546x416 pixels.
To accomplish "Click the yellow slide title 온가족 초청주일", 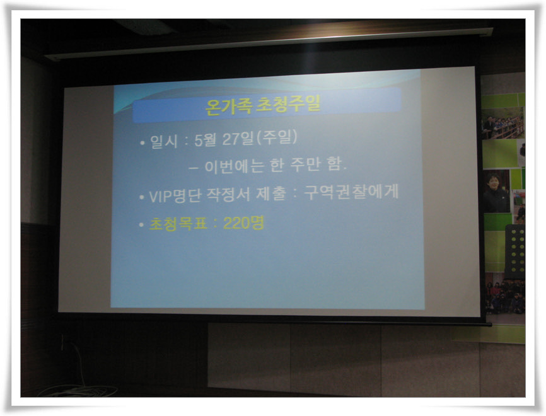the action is pyautogui.click(x=262, y=105).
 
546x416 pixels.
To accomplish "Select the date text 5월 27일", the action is pyautogui.click(x=224, y=139).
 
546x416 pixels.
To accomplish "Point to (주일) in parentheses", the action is pyautogui.click(x=277, y=137).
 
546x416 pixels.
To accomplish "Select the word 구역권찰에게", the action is pyautogui.click(x=351, y=192).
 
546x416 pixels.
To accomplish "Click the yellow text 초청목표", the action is pyautogui.click(x=178, y=224).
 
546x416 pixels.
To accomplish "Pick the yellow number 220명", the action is pyautogui.click(x=243, y=223).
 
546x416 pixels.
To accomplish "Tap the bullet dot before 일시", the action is pyautogui.click(x=142, y=142).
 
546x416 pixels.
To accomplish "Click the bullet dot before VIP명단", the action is pyautogui.click(x=142, y=197).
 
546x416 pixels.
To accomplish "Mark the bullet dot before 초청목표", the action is pyautogui.click(x=141, y=225).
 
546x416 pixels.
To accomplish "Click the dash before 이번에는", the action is pyautogui.click(x=194, y=168).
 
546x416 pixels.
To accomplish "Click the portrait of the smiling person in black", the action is pyautogui.click(x=496, y=192).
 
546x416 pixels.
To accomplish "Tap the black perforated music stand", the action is pyautogui.click(x=515, y=251).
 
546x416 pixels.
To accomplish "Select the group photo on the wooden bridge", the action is pyautogui.click(x=502, y=124).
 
